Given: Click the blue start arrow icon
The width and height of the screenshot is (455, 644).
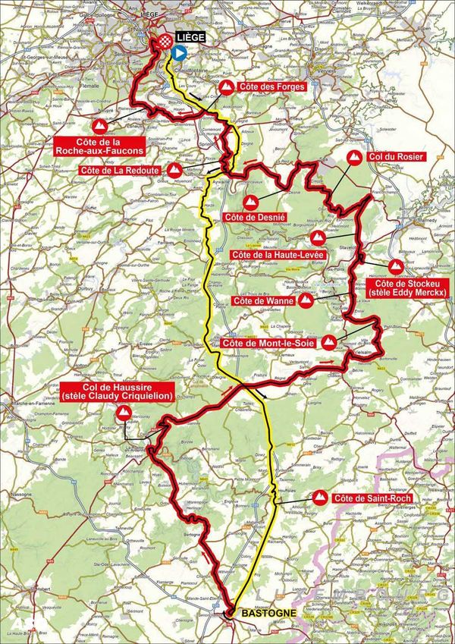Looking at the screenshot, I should (x=177, y=52).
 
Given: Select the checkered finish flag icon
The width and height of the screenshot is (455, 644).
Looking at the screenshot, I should (x=164, y=43).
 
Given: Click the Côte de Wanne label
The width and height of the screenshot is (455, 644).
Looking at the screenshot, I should (x=260, y=301).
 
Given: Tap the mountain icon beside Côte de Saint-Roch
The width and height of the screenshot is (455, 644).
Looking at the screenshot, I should (x=320, y=498).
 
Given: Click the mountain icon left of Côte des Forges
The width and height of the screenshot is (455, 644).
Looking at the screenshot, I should (x=225, y=88).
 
